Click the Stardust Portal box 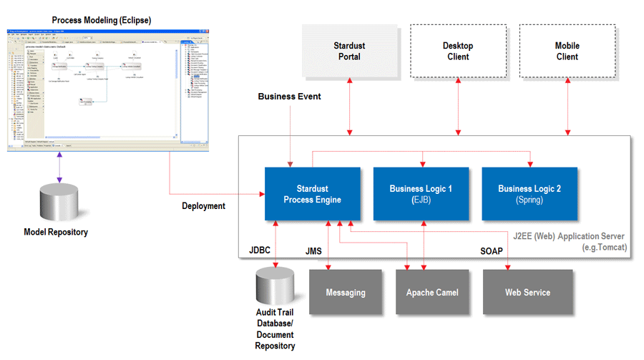click(349, 51)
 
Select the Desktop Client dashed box click(457, 51)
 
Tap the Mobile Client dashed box click(567, 51)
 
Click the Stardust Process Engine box click(312, 194)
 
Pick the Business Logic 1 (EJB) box click(421, 194)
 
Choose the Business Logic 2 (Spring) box click(530, 194)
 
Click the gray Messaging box click(345, 292)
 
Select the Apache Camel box click(431, 292)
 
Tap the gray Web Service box click(527, 292)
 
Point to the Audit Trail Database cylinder click(274, 287)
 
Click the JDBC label click(260, 251)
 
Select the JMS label click(313, 251)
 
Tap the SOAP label click(492, 251)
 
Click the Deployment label click(204, 206)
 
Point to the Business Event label click(289, 97)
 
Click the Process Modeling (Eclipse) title click(101, 19)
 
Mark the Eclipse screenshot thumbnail click(100, 90)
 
